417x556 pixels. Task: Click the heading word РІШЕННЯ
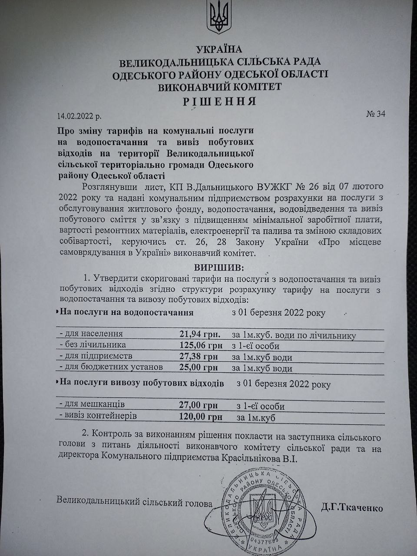click(219, 101)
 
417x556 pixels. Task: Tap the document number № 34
click(376, 114)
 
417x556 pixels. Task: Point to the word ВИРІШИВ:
click(220, 266)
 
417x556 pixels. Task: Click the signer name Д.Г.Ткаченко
click(352, 507)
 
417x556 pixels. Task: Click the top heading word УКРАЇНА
click(219, 49)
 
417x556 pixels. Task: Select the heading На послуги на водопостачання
click(126, 312)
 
